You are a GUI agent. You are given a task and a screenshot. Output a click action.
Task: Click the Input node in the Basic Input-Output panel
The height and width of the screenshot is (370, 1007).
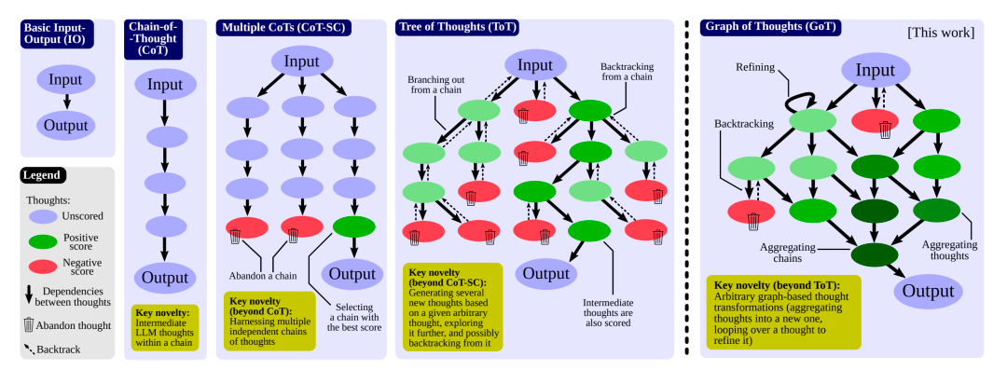click(65, 80)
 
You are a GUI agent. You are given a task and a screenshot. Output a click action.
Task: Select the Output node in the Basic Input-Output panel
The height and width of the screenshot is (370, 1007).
click(65, 124)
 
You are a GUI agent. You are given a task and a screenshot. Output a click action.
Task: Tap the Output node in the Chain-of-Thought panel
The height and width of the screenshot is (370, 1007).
click(164, 277)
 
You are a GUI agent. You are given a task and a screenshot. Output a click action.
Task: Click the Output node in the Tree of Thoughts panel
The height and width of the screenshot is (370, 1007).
click(545, 273)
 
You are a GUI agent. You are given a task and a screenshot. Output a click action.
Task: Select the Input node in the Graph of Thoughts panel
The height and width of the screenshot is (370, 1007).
click(875, 72)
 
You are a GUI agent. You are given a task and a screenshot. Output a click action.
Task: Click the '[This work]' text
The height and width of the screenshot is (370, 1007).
click(940, 33)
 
